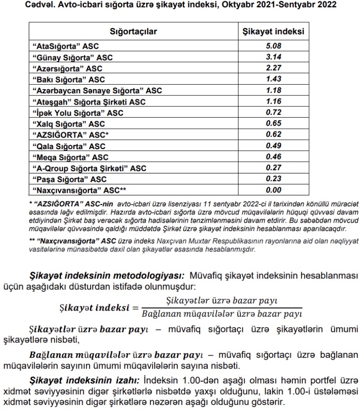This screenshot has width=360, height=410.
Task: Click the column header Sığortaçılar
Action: point(134,32)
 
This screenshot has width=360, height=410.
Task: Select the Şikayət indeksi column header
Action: point(274,32)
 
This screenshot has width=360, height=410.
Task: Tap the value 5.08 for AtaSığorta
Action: point(274,46)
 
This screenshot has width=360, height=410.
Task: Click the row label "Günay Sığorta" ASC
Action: point(72,58)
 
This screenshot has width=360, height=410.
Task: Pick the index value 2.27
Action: point(274,68)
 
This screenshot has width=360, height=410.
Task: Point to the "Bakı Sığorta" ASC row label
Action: point(68,80)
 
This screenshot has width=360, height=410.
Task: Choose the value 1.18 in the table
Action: point(274,91)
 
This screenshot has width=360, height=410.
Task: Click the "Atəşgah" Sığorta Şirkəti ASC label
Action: point(89,102)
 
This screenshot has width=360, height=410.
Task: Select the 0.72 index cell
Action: point(274,113)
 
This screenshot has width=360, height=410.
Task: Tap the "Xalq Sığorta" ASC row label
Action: point(68,124)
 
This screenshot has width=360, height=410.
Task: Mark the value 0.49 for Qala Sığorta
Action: point(274,146)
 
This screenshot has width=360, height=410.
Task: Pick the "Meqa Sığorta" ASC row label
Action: point(70,157)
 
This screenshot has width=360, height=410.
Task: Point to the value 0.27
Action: point(274,168)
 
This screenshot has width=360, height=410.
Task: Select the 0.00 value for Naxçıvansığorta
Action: point(274,190)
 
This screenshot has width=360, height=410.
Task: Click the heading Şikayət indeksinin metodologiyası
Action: point(107,275)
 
